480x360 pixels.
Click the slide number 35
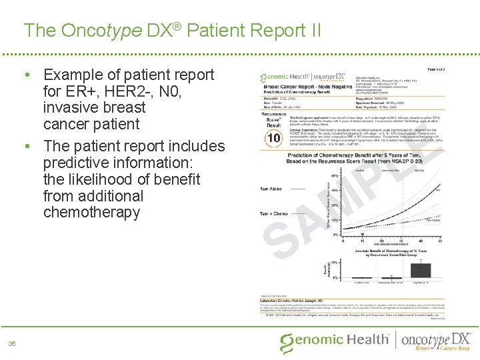tap(11, 344)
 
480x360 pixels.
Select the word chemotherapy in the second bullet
tap(91, 213)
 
